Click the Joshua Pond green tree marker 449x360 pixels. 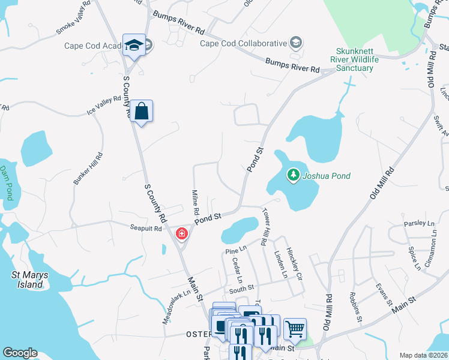[x=293, y=175]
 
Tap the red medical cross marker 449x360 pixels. [x=181, y=233]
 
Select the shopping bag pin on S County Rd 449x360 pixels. [x=141, y=112]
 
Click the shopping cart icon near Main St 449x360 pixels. [x=295, y=328]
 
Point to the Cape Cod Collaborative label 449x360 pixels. [x=243, y=43]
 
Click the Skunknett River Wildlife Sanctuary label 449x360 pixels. [x=351, y=60]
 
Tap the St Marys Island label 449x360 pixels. [x=28, y=280]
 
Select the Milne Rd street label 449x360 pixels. [x=195, y=203]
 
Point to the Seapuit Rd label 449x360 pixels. [x=146, y=229]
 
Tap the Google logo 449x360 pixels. [x=20, y=353]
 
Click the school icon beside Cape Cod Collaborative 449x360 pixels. [x=295, y=43]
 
